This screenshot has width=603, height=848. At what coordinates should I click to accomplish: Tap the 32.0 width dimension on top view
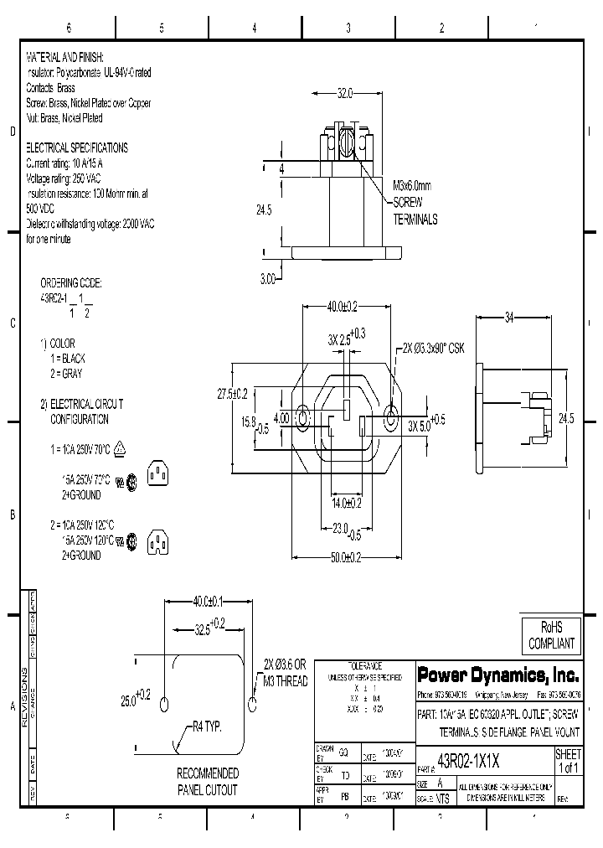pyautogui.click(x=345, y=94)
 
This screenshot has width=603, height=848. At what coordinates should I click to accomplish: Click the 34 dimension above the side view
pyautogui.click(x=510, y=318)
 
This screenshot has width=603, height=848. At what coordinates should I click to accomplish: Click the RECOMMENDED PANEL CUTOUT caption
pyautogui.click(x=207, y=782)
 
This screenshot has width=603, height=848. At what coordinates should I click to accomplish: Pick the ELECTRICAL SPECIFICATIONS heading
pyautogui.click(x=77, y=147)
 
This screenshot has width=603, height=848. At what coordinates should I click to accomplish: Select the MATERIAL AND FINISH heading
pyautogui.click(x=65, y=57)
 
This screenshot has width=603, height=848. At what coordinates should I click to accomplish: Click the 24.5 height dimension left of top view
pyautogui.click(x=265, y=211)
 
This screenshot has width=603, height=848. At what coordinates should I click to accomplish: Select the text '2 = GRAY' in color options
pyautogui.click(x=67, y=373)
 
